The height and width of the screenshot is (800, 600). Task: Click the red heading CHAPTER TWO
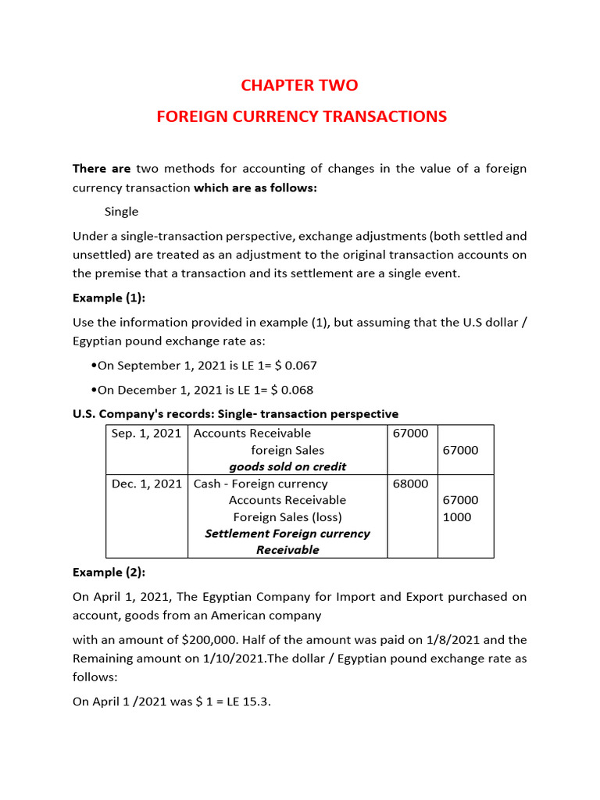[300, 85]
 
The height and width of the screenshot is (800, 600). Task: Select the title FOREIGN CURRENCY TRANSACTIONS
[302, 116]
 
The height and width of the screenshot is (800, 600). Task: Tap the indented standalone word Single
[121, 212]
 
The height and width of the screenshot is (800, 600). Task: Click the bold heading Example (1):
[109, 298]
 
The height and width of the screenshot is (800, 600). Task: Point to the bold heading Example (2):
[109, 572]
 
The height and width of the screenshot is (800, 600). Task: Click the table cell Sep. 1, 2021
[146, 434]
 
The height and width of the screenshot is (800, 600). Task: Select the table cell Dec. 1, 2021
[146, 484]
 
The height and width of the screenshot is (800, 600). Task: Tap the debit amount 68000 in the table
[410, 484]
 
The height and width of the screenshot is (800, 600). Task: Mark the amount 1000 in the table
[457, 517]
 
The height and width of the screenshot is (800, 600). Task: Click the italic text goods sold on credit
[287, 466]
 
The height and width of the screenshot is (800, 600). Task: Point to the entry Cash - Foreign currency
[261, 484]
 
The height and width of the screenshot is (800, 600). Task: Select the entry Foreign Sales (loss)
[287, 517]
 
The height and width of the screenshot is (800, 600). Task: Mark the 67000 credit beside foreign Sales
[461, 450]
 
